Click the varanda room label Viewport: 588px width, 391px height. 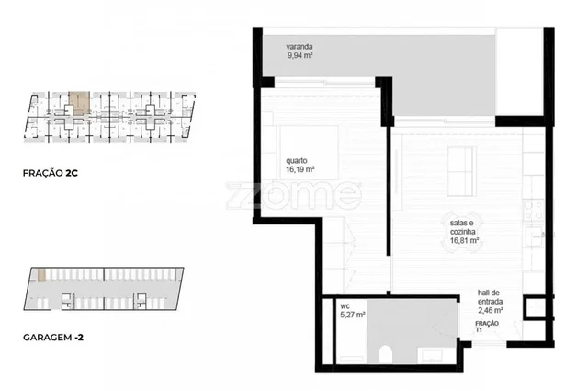tap(300, 47)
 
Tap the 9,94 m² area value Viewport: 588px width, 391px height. tap(300, 55)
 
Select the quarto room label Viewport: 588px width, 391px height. tap(296, 161)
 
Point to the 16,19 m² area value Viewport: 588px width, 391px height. tap(300, 169)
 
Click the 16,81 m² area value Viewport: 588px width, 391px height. tap(464, 240)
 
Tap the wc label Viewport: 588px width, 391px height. tap(345, 306)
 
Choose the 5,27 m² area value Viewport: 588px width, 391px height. tap(353, 315)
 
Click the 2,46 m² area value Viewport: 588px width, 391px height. tap(490, 310)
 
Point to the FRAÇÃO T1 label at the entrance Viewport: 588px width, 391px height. tap(487, 327)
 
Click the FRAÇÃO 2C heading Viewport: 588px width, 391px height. tap(51, 173)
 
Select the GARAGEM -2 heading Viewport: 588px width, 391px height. tap(53, 338)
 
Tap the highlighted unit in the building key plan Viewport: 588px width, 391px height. tap(80, 103)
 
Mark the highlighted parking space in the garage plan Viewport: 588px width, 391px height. tap(41, 274)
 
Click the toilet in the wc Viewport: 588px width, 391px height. tap(386, 355)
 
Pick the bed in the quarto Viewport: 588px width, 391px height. tap(309, 152)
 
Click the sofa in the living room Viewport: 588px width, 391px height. tap(462, 171)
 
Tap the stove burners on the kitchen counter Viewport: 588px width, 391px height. tap(533, 210)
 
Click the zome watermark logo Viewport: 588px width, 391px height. tap(294, 195)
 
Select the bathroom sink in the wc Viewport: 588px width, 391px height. tap(432, 355)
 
